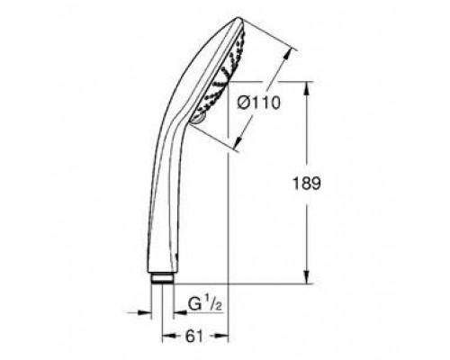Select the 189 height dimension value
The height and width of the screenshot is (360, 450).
[333, 181]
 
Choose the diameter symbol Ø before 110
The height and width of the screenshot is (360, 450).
[244, 102]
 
